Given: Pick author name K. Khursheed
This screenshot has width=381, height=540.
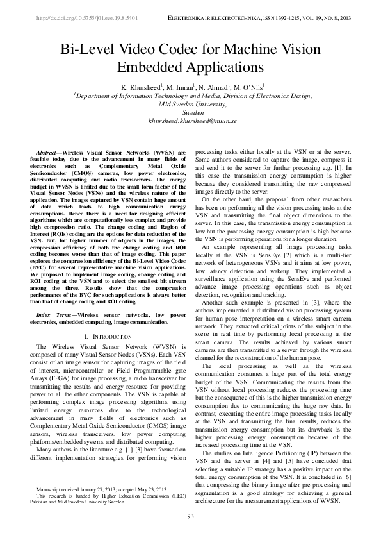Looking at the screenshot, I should click(x=140, y=86).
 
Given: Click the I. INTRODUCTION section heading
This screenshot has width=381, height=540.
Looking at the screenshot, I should click(x=108, y=336).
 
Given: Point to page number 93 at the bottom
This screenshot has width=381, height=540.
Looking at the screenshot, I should click(x=191, y=517).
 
